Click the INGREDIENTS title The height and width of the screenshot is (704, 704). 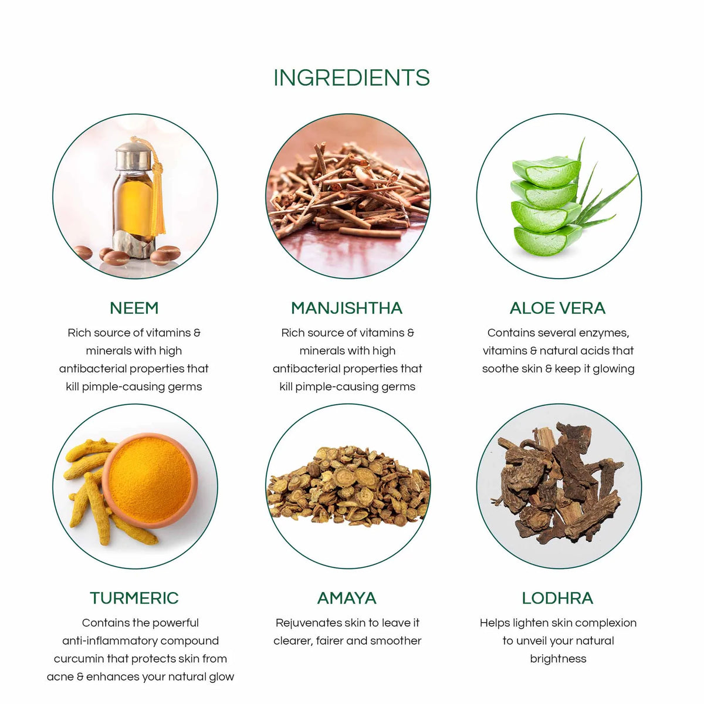point(351,77)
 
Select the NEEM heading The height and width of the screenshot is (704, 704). point(134,308)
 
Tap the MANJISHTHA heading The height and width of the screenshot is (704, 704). point(347,308)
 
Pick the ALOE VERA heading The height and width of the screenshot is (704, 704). point(557,308)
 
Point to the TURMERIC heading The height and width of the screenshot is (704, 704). point(134,598)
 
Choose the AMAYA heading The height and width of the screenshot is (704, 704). point(347,598)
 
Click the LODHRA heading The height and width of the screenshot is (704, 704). point(557,598)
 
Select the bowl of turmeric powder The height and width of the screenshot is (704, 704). point(150,480)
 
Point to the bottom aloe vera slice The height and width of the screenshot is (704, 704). point(547,240)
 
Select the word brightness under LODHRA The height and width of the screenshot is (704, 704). point(558,659)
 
